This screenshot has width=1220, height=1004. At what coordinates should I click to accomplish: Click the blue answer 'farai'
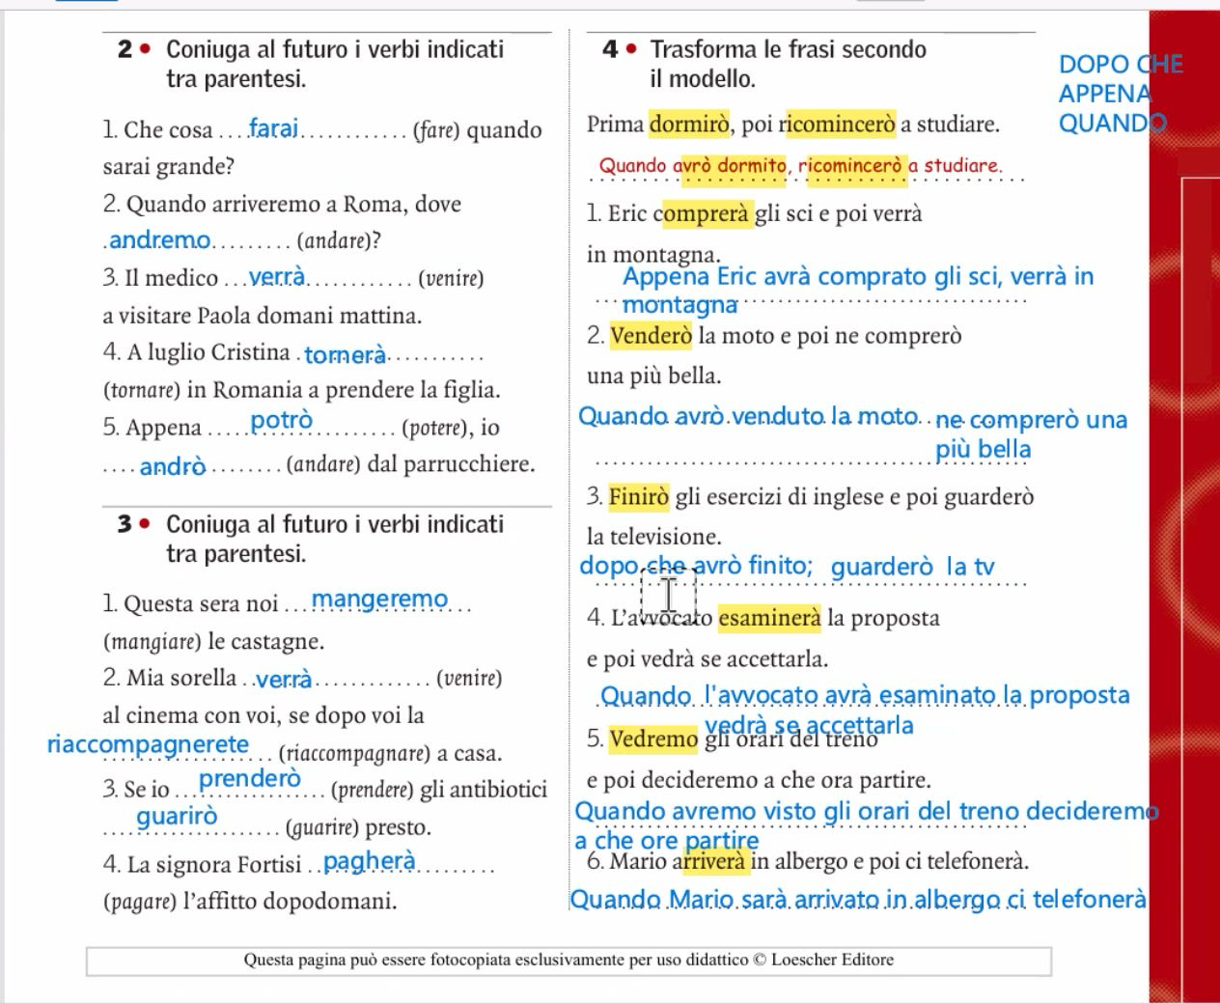(274, 128)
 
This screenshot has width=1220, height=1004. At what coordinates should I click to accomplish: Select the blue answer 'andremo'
(160, 239)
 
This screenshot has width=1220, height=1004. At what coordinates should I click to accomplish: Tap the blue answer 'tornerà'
(346, 355)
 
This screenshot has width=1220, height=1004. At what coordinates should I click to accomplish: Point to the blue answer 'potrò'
(282, 421)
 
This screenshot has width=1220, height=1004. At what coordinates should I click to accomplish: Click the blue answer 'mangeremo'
(380, 600)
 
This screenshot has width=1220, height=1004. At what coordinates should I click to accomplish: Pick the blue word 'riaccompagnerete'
(149, 744)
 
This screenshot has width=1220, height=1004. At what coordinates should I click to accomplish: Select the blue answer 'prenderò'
(250, 778)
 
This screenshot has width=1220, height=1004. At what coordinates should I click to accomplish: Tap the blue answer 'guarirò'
(178, 817)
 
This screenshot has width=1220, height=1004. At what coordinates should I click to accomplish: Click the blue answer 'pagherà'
(370, 861)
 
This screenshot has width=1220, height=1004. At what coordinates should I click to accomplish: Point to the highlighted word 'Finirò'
(639, 497)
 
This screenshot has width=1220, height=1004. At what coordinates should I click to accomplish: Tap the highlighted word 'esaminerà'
(769, 618)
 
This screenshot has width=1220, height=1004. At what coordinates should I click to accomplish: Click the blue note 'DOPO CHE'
(1121, 65)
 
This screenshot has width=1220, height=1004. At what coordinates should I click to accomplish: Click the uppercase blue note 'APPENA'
(1105, 95)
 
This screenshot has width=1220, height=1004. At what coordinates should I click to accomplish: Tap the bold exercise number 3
(125, 524)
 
